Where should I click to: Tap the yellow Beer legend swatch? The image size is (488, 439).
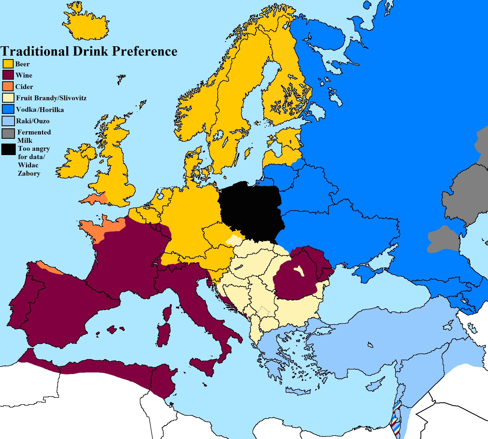coord(8,64)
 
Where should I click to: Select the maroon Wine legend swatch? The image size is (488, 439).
coord(8,75)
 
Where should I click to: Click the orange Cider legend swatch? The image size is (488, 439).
coord(8,87)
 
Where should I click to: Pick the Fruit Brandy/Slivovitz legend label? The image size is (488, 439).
coord(51,98)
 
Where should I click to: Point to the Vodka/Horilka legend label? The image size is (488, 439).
coord(40,110)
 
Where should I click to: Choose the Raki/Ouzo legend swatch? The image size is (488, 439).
coord(8,121)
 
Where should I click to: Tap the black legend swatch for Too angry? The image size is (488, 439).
coord(8,149)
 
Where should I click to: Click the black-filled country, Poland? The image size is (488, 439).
coord(251,211)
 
